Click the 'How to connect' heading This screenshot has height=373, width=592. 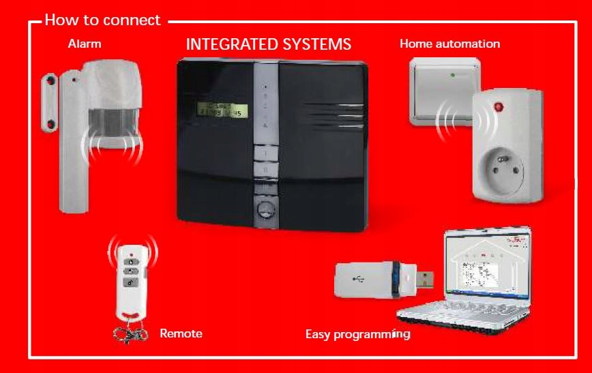[102, 20]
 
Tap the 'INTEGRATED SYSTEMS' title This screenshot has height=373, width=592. [268, 45]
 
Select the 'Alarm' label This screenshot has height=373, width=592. [85, 44]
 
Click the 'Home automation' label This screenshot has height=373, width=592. [449, 44]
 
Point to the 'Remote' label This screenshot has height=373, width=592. [181, 333]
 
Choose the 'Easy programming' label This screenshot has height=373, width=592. [357, 334]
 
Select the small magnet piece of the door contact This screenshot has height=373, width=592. [50, 102]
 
